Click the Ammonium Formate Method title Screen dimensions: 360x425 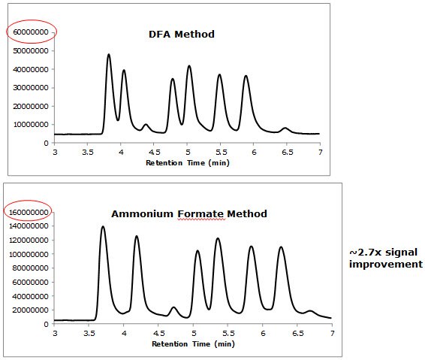(x=188, y=213)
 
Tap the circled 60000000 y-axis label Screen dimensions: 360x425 (x=32, y=32)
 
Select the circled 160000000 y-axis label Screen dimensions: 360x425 (x=29, y=212)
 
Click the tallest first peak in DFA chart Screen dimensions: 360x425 (x=109, y=55)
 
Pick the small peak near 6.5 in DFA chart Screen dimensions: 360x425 (x=285, y=129)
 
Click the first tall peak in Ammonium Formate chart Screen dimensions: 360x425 (x=103, y=227)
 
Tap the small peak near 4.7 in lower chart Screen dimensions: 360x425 (x=173, y=307)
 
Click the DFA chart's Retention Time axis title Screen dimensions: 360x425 (x=187, y=162)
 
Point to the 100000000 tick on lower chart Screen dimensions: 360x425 (x=29, y=254)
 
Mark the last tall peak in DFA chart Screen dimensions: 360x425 (x=246, y=76)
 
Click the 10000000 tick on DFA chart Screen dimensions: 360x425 (x=32, y=124)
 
